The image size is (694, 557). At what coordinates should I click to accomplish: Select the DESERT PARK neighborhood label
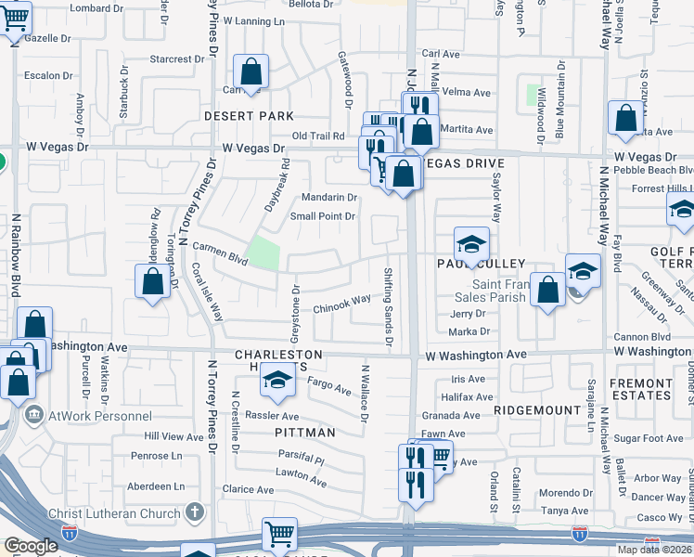(250, 116)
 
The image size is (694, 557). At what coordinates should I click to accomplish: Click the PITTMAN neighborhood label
(303, 433)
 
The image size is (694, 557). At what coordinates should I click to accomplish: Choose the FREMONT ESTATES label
(640, 389)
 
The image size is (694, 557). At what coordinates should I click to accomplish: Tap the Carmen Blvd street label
(220, 254)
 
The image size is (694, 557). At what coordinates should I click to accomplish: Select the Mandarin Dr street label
(329, 197)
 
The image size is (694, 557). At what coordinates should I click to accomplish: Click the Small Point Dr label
(323, 216)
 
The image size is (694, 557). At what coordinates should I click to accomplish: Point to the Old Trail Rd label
(318, 136)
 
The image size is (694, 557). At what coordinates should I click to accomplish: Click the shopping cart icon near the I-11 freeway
(278, 534)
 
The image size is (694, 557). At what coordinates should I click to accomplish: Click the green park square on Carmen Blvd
(263, 253)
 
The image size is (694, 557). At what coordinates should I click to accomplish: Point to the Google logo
(32, 547)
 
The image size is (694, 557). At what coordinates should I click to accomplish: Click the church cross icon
(195, 512)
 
